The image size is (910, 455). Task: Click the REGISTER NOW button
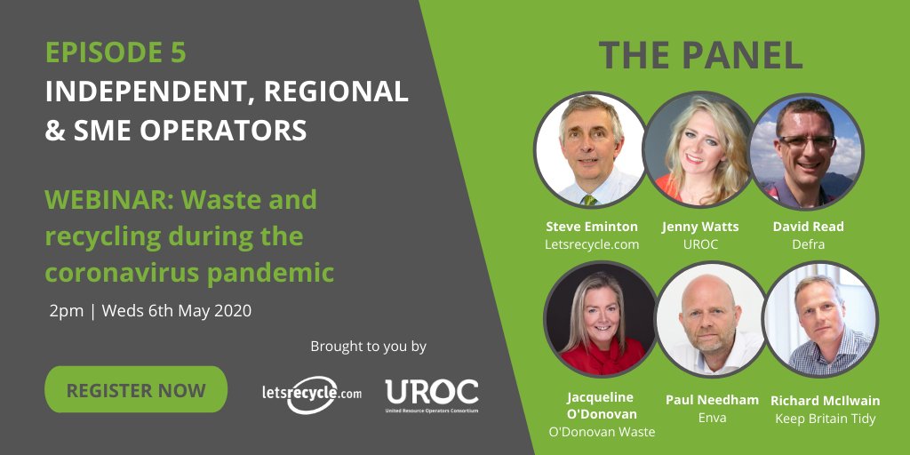tap(135, 389)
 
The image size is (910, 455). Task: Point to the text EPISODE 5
tap(116, 53)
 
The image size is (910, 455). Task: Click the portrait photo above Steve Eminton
tap(591, 149)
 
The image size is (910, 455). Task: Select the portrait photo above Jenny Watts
tap(699, 149)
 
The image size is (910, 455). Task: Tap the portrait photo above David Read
tap(806, 149)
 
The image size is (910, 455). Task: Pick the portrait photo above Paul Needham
tap(711, 320)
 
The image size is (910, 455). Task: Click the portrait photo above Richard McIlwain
tap(820, 320)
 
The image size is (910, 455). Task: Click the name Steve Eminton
tap(591, 227)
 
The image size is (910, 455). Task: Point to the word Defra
tap(809, 244)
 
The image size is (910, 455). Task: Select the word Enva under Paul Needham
tap(713, 418)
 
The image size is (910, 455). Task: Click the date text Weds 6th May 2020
tap(177, 311)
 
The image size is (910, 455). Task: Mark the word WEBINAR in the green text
tap(98, 199)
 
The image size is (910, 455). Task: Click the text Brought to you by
tap(368, 346)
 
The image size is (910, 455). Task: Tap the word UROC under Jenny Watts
tap(699, 244)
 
